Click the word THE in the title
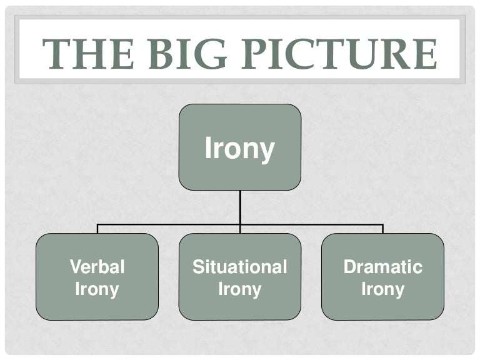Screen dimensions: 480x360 pyautogui.click(x=88, y=54)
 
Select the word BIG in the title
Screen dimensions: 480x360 pyautogui.click(x=187, y=54)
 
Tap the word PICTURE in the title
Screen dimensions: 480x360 pyautogui.click(x=339, y=54)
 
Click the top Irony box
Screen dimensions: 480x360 pyautogui.click(x=240, y=147)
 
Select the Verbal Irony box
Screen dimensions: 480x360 pyautogui.click(x=97, y=277)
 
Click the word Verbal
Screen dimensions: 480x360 pyautogui.click(x=97, y=266)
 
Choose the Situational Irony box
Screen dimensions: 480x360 pyautogui.click(x=240, y=277)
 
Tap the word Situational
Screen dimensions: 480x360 pyautogui.click(x=240, y=266)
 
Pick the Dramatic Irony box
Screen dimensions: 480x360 pyautogui.click(x=382, y=277)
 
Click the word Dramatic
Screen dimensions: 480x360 pyautogui.click(x=383, y=266)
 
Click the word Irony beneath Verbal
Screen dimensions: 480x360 pyautogui.click(x=97, y=289)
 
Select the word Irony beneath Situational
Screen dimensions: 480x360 pyautogui.click(x=240, y=289)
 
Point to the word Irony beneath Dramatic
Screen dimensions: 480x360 pyautogui.click(x=383, y=289)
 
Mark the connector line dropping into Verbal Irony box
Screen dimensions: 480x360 pyautogui.click(x=97, y=229)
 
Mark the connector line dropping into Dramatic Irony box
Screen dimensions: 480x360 pyautogui.click(x=383, y=229)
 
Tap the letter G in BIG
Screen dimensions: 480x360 pyautogui.click(x=212, y=54)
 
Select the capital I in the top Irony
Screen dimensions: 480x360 pyautogui.click(x=209, y=147)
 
